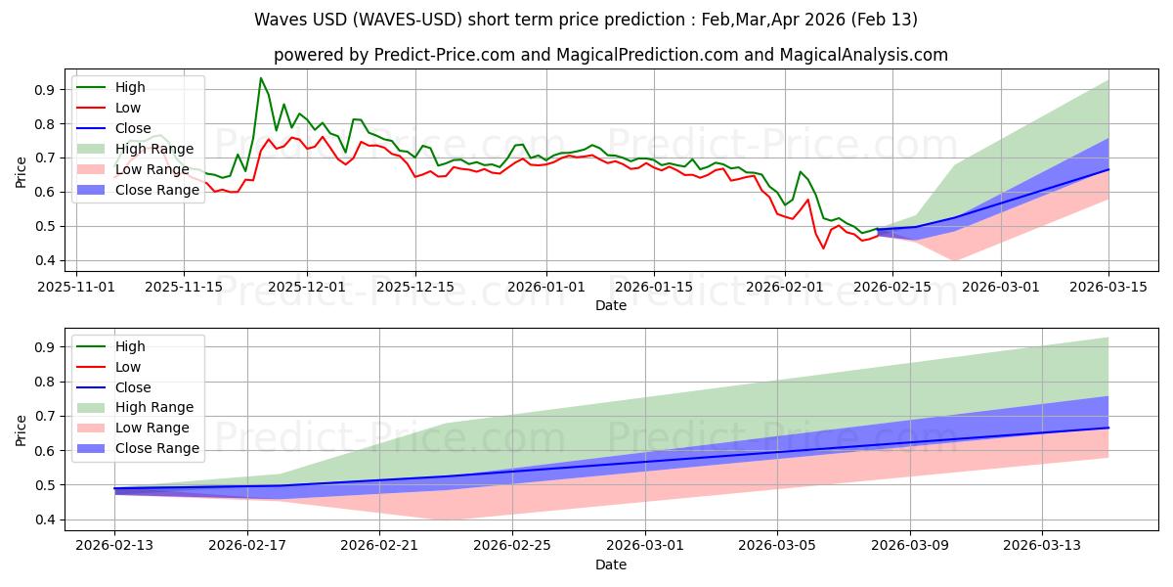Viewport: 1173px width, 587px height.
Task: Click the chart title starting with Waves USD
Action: [586, 20]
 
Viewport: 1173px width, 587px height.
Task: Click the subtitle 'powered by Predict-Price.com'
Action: [611, 55]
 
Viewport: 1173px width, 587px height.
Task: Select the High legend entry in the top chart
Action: [129, 87]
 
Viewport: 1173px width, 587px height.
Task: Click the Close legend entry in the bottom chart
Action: [133, 387]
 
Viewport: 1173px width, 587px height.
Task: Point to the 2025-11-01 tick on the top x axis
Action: [78, 287]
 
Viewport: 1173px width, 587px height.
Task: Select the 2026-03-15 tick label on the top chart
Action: [1108, 287]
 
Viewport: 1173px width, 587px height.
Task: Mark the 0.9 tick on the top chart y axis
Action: [44, 90]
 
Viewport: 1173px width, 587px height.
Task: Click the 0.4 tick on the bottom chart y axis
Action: [44, 519]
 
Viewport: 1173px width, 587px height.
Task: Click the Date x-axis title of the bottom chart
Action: [611, 564]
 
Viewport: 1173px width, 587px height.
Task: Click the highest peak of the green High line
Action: [261, 78]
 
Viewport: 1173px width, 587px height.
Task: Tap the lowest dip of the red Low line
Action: [823, 248]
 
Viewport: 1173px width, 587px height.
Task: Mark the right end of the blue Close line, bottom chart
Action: [1108, 428]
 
